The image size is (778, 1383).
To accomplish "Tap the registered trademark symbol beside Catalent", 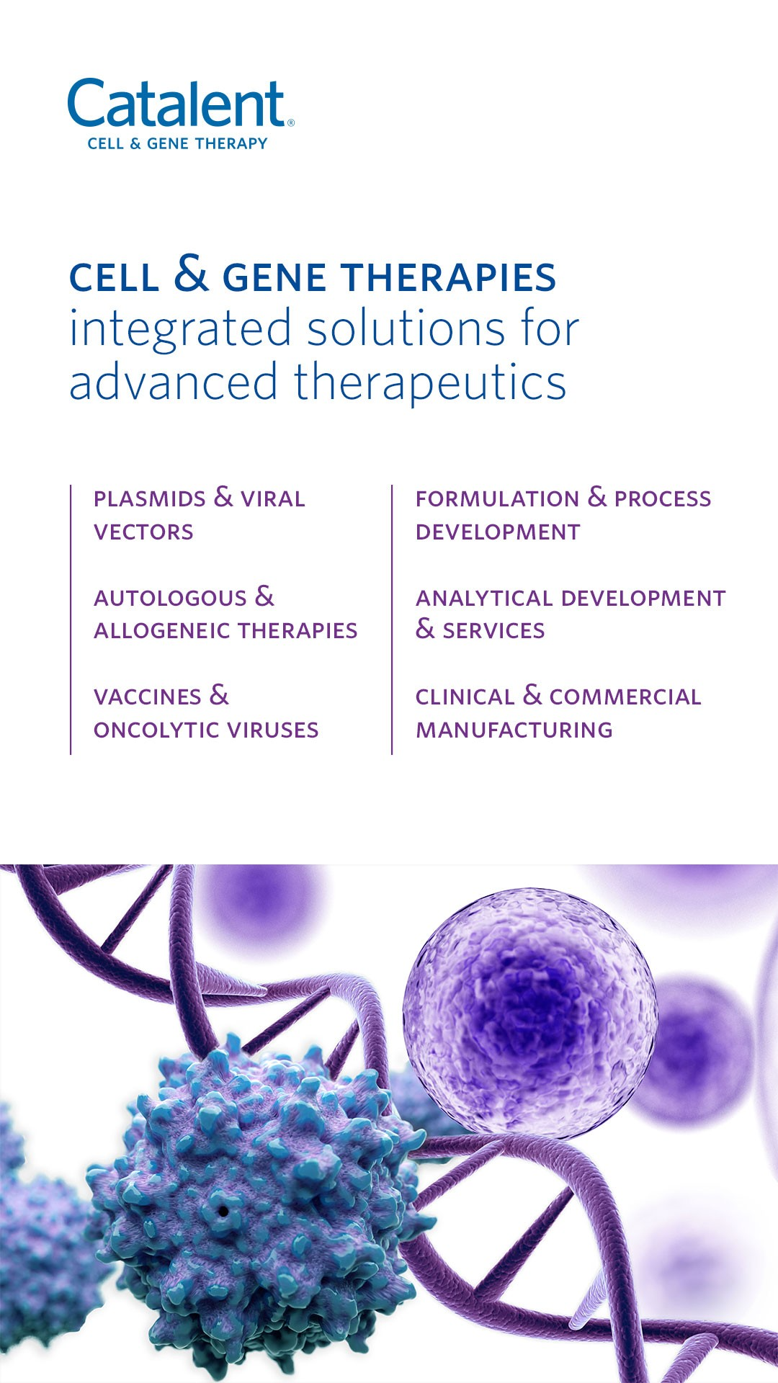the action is [290, 123].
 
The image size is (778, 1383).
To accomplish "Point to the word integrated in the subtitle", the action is [180, 330].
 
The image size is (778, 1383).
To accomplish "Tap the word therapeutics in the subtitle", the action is [430, 382].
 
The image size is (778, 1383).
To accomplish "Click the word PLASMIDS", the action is [150, 498].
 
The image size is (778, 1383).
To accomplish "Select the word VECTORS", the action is [143, 532].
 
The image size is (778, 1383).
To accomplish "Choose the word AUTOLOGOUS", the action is [170, 598].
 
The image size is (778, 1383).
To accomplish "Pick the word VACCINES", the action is [148, 697].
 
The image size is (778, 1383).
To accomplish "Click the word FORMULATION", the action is [497, 498].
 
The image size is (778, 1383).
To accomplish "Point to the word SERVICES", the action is [493, 631].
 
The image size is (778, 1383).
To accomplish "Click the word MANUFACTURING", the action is [514, 730].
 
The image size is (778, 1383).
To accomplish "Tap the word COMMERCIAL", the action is [625, 697].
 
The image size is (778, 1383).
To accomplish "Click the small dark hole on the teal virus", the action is [223, 1211].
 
